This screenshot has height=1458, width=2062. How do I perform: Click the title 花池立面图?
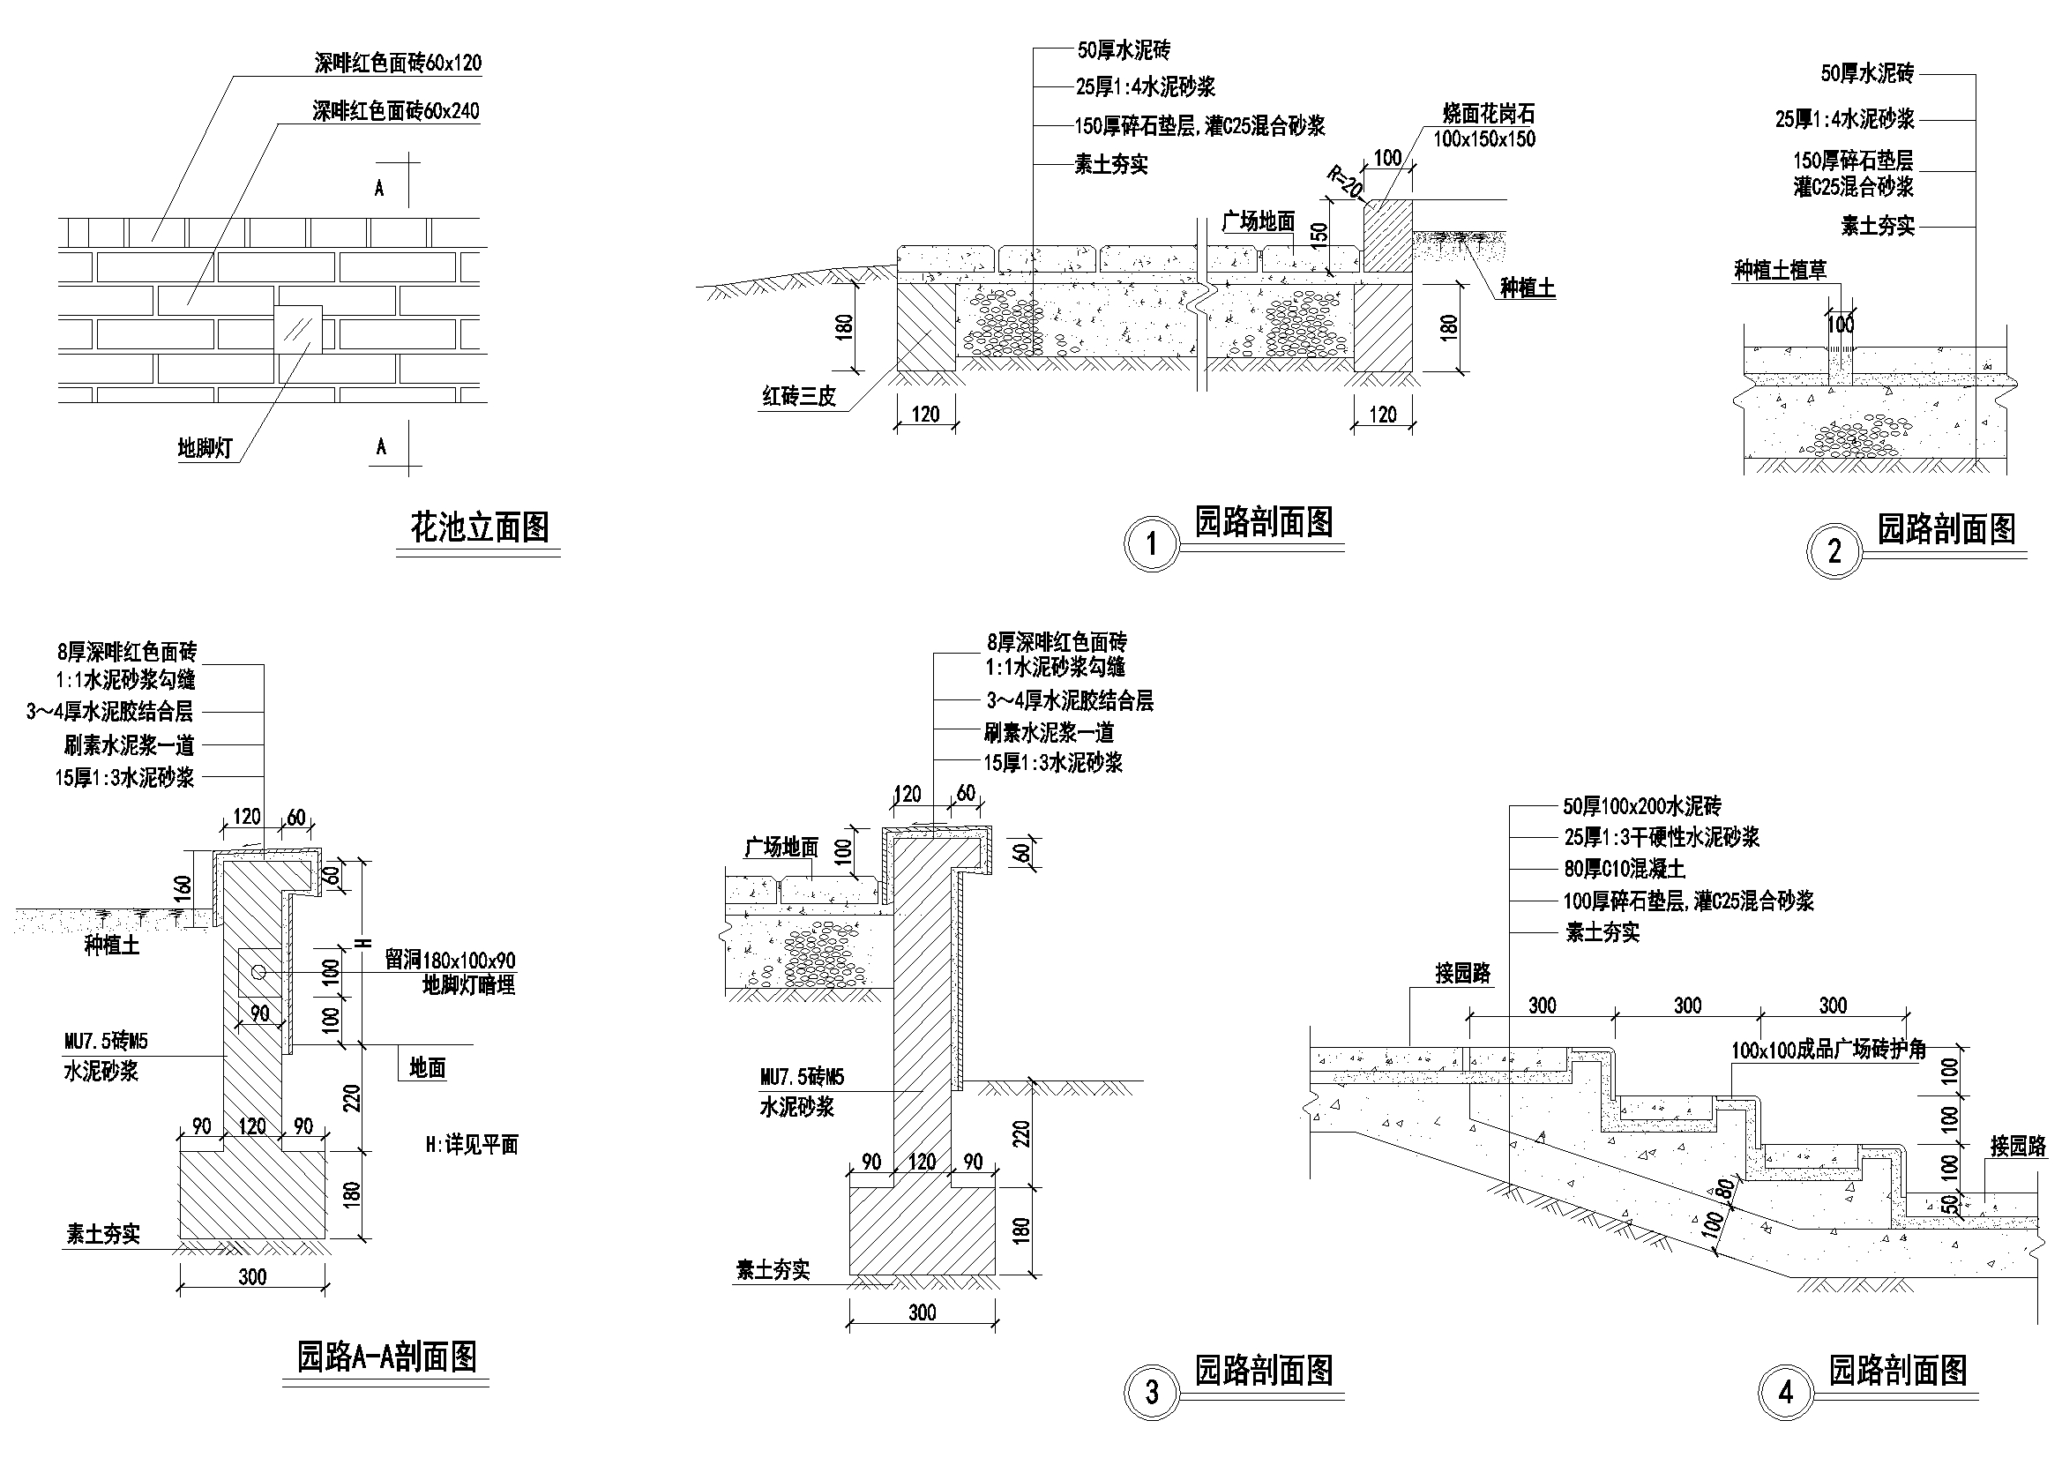[480, 527]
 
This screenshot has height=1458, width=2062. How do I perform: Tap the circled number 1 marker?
[1152, 543]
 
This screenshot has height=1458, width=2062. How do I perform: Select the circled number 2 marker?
[1834, 551]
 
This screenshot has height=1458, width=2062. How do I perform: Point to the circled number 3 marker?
[1152, 1394]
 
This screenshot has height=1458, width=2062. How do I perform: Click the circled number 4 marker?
[1785, 1394]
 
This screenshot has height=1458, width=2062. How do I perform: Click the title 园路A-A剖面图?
[387, 1357]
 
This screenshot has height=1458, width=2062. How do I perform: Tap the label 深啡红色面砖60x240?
[396, 111]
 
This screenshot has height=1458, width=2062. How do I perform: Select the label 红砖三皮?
[798, 396]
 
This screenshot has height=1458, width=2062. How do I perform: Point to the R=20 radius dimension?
[1344, 184]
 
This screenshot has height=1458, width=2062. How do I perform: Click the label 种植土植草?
[1780, 270]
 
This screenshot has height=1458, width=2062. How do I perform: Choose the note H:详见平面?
[473, 1146]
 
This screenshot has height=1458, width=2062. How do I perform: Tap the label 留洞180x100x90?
[451, 961]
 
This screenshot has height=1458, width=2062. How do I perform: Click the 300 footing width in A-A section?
[253, 1276]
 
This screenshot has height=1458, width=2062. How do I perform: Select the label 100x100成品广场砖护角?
[1828, 1051]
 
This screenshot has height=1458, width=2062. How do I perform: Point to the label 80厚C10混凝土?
[1625, 869]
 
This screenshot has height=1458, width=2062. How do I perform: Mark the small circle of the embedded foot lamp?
[258, 972]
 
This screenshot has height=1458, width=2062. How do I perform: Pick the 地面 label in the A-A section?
[428, 1067]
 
